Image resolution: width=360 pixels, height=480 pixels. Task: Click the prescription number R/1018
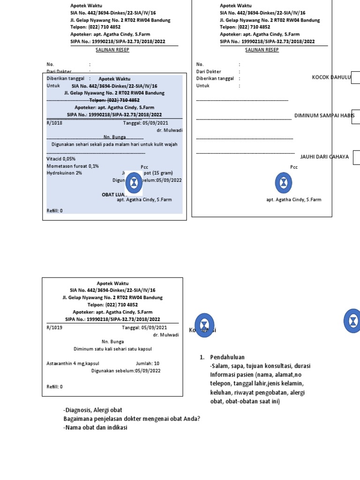54,123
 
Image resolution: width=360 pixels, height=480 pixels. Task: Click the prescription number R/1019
54,328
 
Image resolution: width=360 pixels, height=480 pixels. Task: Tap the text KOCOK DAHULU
331,77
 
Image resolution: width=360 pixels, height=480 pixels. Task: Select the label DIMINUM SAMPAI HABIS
324,115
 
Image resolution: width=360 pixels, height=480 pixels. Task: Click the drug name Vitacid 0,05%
61,159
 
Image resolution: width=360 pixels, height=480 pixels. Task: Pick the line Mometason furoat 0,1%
73,166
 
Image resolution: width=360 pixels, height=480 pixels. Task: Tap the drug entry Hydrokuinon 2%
64,173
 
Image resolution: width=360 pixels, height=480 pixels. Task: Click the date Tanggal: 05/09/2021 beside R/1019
145,328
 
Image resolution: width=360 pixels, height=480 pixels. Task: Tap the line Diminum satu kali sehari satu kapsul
112,349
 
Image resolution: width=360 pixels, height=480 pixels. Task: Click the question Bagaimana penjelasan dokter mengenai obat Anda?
132,419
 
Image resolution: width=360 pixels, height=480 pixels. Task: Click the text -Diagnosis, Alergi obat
93,410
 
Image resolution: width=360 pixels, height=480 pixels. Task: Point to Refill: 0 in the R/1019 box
54,387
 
